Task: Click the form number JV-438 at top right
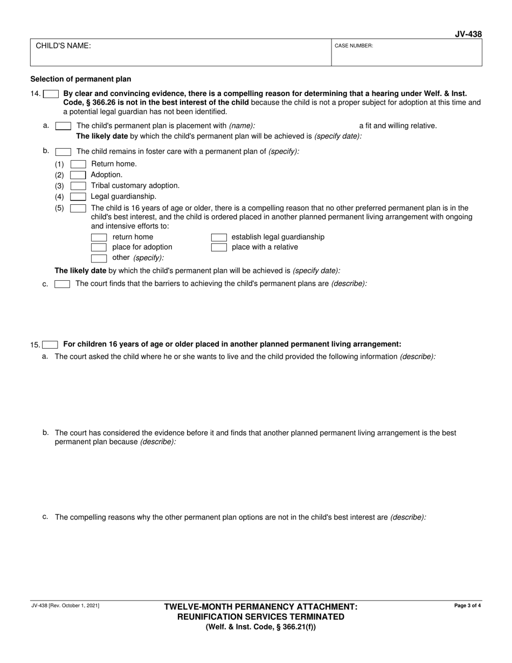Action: click(468, 34)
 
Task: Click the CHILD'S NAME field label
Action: click(63, 46)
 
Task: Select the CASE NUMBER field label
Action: click(354, 46)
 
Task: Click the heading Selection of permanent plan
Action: click(80, 79)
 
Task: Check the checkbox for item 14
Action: click(51, 94)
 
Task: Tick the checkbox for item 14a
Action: click(63, 126)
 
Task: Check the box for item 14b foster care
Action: click(63, 152)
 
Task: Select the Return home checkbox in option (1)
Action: click(78, 164)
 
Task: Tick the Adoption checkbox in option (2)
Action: click(78, 175)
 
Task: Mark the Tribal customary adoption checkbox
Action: click(78, 185)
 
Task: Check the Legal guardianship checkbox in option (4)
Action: click(78, 197)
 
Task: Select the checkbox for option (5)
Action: click(78, 208)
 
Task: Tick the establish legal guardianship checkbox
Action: click(218, 237)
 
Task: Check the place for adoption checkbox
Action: click(99, 247)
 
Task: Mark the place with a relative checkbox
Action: click(218, 247)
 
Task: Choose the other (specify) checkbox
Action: click(99, 258)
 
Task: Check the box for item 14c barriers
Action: click(63, 284)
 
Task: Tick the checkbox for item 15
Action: click(50, 345)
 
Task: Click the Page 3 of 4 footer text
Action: click(468, 606)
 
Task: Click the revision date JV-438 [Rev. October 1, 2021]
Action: click(65, 606)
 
